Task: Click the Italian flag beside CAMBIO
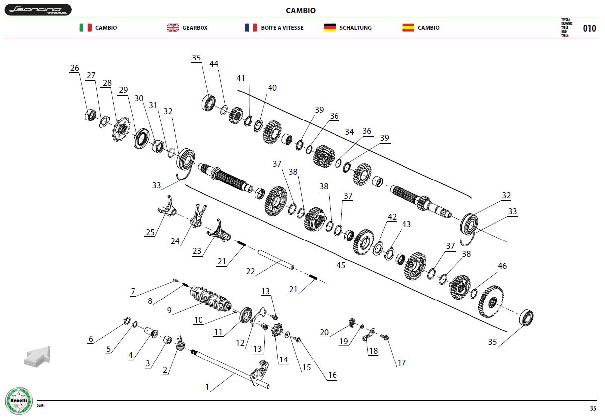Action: click(x=86, y=28)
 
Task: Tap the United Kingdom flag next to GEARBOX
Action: click(x=173, y=28)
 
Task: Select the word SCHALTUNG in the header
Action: click(x=355, y=28)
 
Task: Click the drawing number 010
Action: click(x=589, y=28)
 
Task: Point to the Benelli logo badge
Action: click(x=19, y=401)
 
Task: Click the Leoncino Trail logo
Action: click(x=38, y=10)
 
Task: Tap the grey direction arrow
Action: click(x=37, y=357)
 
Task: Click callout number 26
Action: click(x=75, y=68)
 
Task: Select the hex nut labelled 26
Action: click(x=90, y=116)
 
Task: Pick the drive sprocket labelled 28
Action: click(x=121, y=129)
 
